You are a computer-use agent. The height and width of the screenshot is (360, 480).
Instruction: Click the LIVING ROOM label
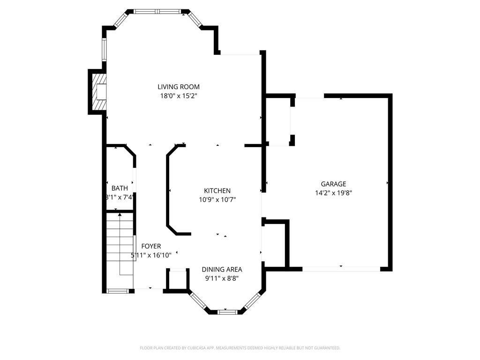click(x=178, y=87)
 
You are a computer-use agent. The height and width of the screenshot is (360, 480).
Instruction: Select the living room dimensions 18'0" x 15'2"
click(x=178, y=96)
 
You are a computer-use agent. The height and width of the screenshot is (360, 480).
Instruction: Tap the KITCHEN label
click(x=217, y=191)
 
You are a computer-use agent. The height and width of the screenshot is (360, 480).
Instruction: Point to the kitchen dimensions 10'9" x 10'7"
click(x=217, y=200)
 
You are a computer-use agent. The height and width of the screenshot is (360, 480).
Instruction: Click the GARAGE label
click(x=333, y=184)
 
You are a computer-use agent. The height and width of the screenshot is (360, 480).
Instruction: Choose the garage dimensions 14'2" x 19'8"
click(x=333, y=193)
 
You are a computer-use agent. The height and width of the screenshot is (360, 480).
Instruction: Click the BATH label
click(x=119, y=188)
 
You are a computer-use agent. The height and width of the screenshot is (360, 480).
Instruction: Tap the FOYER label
click(x=151, y=246)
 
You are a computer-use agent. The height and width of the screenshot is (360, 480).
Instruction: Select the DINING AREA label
click(x=222, y=270)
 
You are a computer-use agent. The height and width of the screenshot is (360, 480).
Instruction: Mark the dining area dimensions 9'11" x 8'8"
click(x=222, y=278)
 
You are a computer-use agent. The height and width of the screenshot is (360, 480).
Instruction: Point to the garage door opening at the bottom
click(x=341, y=269)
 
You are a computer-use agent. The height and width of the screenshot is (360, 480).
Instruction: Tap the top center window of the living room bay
click(x=157, y=11)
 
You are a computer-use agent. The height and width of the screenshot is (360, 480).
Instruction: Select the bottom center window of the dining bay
click(x=225, y=311)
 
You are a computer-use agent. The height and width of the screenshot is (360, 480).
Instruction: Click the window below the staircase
click(x=118, y=291)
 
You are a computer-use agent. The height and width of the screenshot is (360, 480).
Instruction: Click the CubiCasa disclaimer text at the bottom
click(x=240, y=348)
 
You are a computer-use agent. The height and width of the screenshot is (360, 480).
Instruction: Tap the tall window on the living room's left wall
click(x=105, y=49)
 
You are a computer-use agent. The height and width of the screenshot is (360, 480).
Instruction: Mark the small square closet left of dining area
click(x=178, y=280)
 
